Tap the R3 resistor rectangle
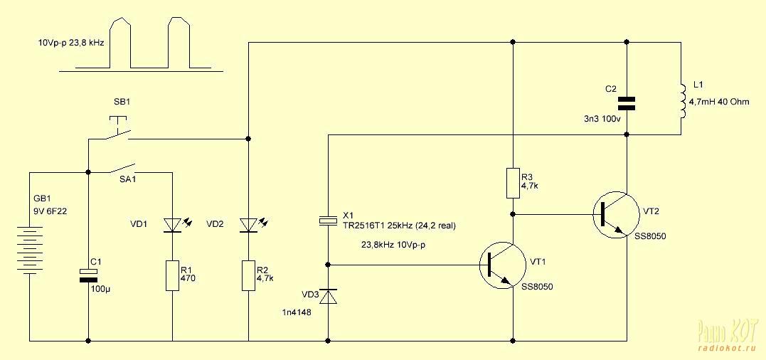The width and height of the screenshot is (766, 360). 513,183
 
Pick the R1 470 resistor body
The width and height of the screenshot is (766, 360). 172,275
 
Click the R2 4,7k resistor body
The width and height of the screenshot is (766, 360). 249,275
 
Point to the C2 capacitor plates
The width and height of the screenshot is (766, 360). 627,103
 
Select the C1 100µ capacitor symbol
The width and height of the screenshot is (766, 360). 88,275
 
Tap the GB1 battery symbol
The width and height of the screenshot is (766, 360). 29,250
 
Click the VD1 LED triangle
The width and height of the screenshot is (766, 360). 172,225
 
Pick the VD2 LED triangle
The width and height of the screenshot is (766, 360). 249,225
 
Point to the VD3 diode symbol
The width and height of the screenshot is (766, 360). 328,296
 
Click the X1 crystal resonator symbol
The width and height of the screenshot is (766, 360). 328,221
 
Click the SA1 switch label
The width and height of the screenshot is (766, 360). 127,180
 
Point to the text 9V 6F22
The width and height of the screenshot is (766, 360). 50,211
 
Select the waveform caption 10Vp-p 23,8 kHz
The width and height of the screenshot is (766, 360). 71,43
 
